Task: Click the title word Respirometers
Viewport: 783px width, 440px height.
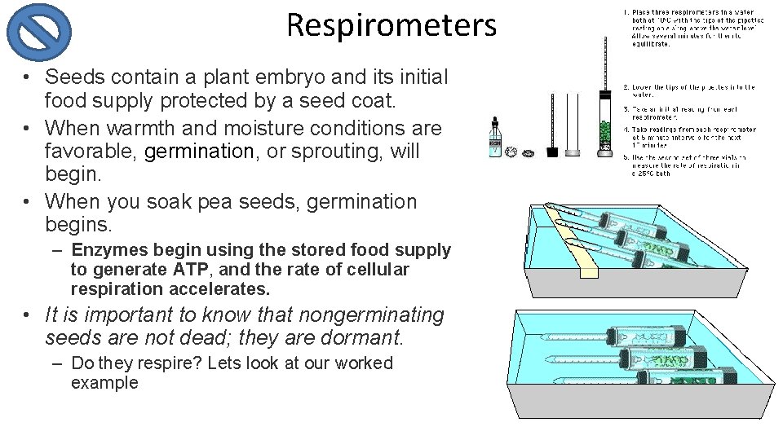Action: pos(391,25)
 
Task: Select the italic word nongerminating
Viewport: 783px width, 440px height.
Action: pos(372,315)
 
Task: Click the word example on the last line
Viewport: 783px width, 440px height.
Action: pos(104,383)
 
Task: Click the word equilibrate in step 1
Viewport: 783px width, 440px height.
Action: pos(652,45)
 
